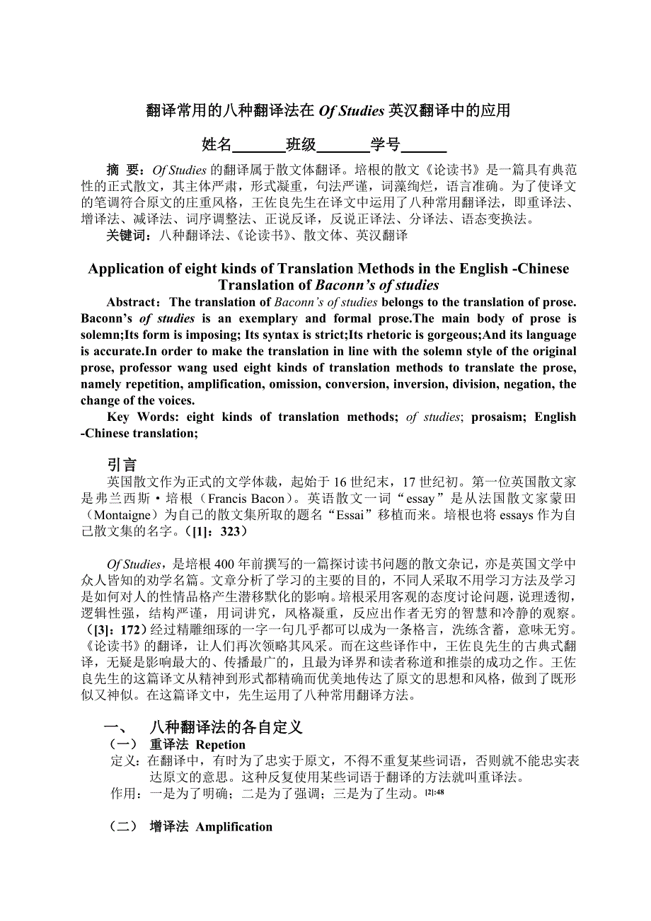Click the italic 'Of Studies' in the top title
click(x=352, y=111)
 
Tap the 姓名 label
click(x=217, y=145)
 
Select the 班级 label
click(x=301, y=145)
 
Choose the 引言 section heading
click(x=122, y=465)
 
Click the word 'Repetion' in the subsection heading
click(x=220, y=745)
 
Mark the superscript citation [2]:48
click(x=434, y=792)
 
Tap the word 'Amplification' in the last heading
click(x=234, y=827)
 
